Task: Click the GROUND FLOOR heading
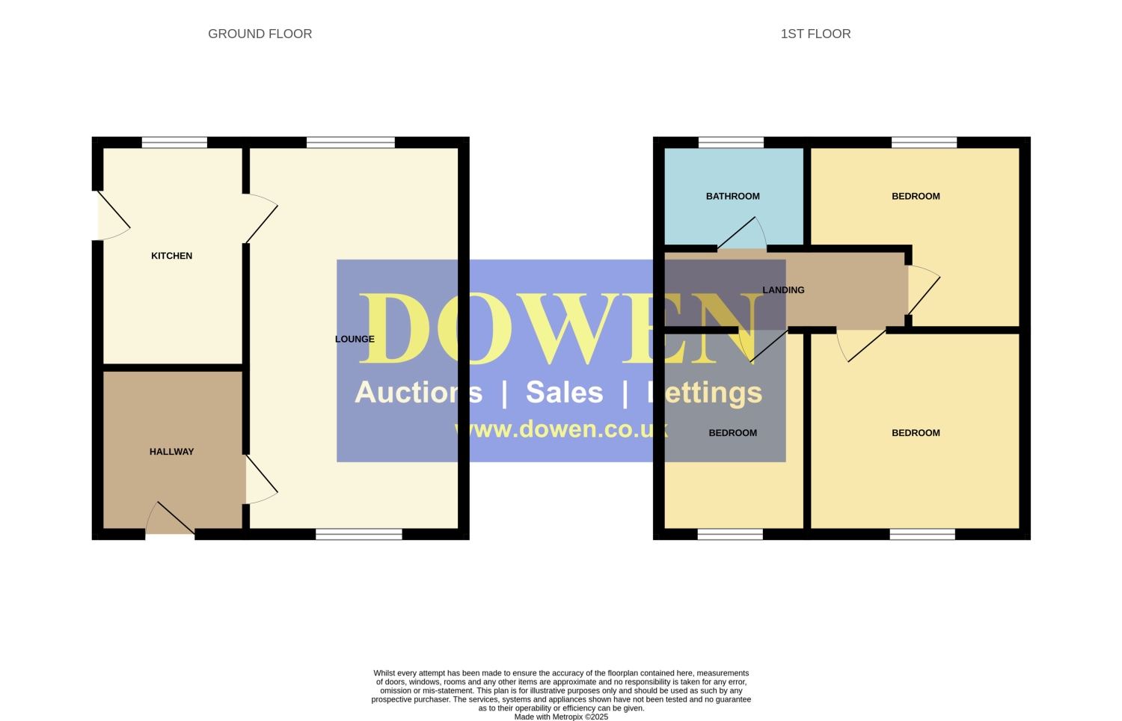coord(260,34)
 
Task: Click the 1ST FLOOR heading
coord(815,34)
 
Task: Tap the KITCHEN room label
coord(172,256)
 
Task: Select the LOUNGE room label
coord(355,339)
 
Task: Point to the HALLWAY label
coord(172,452)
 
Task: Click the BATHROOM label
coord(733,196)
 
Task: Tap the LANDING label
coord(783,290)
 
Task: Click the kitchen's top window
coord(174,142)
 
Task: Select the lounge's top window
coord(351,142)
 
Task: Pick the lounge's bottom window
coord(358,534)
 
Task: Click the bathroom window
coord(731,142)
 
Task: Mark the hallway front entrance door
coord(171,518)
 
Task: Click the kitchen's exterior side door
coord(113,215)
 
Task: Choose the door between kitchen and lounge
coord(260,218)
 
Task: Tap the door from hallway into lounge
coord(261,479)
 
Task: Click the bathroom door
coord(742,233)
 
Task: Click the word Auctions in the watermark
coord(419,392)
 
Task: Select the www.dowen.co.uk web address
coord(561,429)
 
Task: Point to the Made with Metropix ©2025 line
coord(561,717)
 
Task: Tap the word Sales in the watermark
coord(565,392)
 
